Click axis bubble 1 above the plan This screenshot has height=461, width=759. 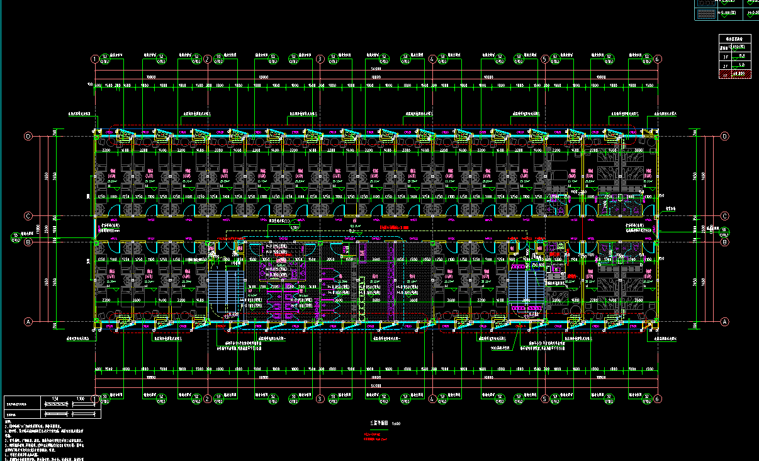click(94, 59)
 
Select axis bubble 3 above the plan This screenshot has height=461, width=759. click(320, 59)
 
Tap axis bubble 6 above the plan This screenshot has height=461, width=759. click(658, 59)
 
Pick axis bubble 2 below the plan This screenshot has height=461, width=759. click(207, 399)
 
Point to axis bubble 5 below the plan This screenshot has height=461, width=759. click(544, 399)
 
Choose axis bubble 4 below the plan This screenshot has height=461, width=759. click(432, 399)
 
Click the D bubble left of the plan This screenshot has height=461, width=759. click(28, 136)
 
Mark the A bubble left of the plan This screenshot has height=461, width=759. click(28, 322)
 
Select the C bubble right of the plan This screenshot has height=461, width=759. click(724, 215)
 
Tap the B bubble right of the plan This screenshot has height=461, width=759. click(724, 242)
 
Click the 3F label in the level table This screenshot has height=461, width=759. click(725, 55)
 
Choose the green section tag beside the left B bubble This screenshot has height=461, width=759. click(15, 237)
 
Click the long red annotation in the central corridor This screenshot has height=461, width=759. click(395, 227)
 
